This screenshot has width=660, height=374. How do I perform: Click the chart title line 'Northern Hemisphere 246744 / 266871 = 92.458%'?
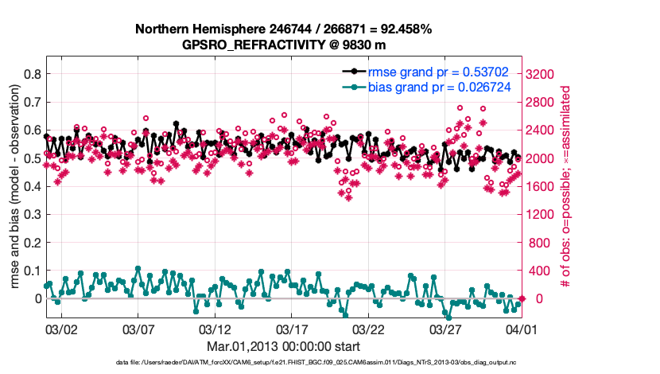pos(283,29)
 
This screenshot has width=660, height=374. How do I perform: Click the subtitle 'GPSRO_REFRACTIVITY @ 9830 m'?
pos(283,45)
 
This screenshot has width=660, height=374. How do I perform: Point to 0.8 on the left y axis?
pos(33,74)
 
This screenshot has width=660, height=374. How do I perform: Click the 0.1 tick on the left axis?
pos(33,271)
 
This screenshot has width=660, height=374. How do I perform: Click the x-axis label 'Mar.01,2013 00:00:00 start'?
pos(283,346)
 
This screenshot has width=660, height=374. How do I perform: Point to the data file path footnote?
pos(283,363)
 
